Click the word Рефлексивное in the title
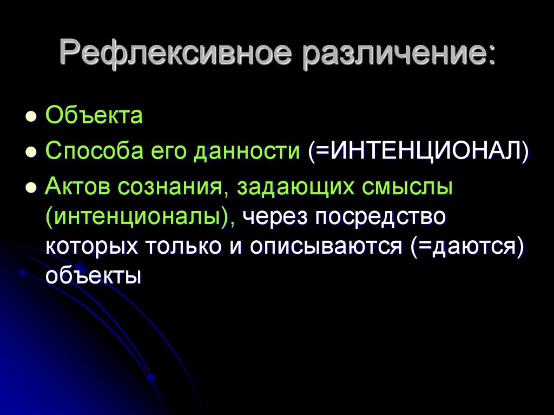click(x=173, y=54)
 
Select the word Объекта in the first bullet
click(x=94, y=116)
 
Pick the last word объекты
click(x=93, y=276)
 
